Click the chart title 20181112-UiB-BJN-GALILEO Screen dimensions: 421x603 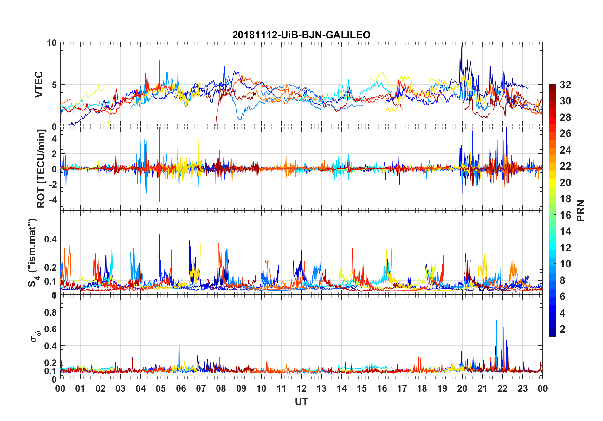301,35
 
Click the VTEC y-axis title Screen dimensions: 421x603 39,85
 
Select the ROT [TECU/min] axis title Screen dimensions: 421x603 41,168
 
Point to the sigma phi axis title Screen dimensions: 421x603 36,336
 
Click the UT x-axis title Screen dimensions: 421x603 301,402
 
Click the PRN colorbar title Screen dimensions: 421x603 581,210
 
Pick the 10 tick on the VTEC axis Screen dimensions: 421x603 52,43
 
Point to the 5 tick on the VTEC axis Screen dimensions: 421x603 54,85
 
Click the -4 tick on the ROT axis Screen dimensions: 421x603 52,200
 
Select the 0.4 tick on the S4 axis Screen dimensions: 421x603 50,239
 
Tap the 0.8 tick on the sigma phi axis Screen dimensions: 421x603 50,312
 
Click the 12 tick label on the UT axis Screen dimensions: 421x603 301,389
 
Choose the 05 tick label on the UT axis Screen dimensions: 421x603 161,389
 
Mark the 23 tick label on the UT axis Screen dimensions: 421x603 522,389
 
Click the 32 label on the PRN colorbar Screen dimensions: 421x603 565,85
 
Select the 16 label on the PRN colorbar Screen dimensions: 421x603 565,215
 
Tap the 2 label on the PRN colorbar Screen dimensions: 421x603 563,329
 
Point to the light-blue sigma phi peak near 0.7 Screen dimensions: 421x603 496,321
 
